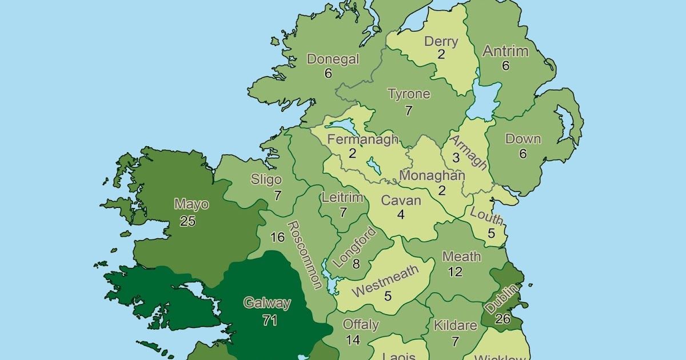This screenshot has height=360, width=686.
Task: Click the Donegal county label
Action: (333, 59)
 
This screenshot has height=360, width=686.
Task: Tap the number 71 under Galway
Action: (269, 321)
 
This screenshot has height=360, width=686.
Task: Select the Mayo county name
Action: (192, 204)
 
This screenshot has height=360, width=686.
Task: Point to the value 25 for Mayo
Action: (188, 221)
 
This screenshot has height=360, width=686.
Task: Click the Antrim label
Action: (505, 51)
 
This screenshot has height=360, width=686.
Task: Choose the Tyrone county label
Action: (409, 94)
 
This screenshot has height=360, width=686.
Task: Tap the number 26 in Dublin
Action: (502, 318)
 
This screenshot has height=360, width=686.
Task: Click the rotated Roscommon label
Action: (304, 255)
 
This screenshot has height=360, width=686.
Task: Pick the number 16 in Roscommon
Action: (277, 237)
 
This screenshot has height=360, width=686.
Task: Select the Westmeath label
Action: (385, 281)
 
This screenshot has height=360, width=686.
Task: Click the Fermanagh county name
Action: (362, 139)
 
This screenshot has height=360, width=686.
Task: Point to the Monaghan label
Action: (432, 175)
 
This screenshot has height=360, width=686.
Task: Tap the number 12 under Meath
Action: (455, 272)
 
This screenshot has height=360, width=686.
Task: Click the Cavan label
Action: (401, 201)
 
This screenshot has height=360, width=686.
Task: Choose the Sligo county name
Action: (266, 179)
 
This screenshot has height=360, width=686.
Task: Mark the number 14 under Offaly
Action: (353, 340)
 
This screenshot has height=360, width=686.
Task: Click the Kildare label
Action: (455, 326)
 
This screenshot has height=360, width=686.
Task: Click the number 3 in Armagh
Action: (456, 157)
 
